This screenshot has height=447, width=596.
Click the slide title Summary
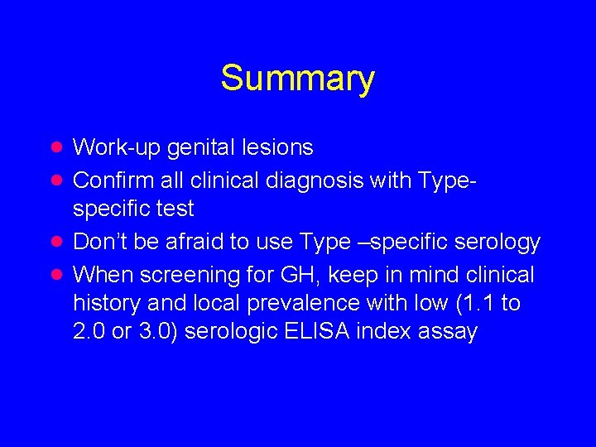tap(297, 79)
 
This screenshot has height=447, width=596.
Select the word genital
tap(196, 147)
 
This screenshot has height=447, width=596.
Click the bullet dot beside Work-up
tap(57, 147)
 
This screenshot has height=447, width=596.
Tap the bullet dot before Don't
tap(57, 242)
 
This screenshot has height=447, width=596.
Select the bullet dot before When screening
tap(57, 273)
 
